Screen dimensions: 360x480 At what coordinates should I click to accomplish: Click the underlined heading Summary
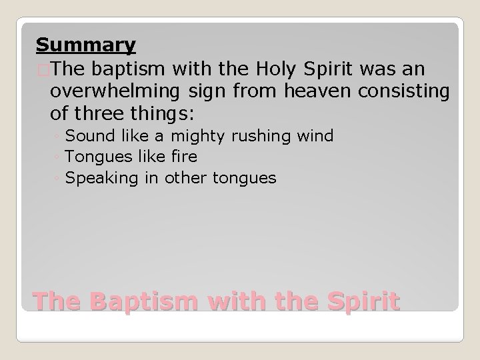(86, 45)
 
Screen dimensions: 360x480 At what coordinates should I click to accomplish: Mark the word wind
(317, 137)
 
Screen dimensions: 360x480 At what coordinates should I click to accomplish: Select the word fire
(181, 157)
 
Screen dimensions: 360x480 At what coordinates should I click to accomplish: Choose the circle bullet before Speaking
(60, 179)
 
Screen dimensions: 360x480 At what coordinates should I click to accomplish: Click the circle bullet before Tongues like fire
(60, 158)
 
